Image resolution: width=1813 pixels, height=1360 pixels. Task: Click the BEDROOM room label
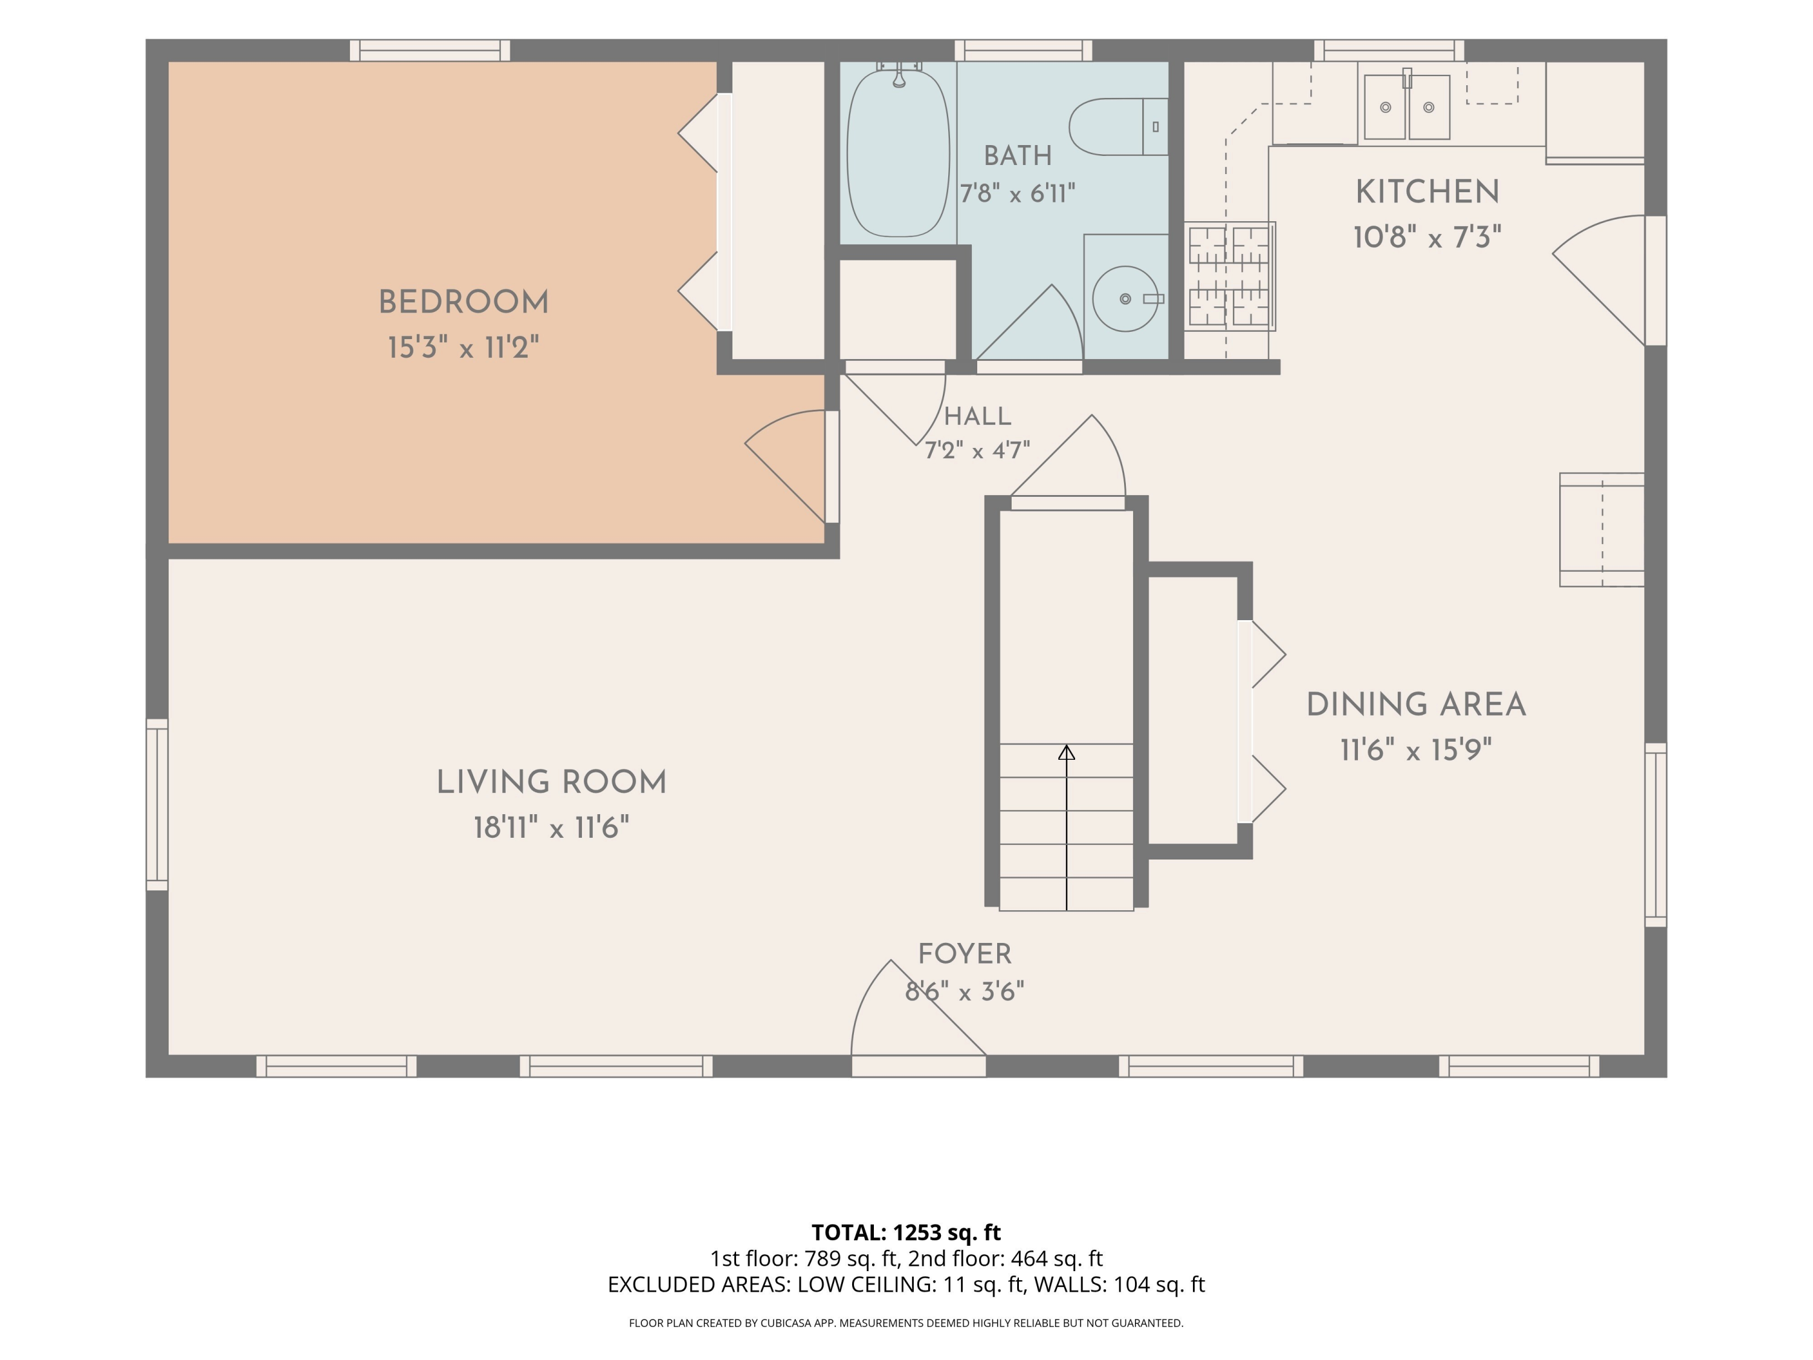click(x=463, y=302)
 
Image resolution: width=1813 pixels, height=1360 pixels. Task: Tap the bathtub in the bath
click(x=898, y=154)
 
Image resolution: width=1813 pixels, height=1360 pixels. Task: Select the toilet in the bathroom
click(x=1118, y=127)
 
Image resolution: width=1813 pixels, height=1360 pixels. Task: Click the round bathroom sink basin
click(x=1125, y=299)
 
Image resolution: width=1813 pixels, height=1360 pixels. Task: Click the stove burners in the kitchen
click(x=1229, y=276)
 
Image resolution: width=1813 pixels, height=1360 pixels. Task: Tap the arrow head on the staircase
click(x=1066, y=752)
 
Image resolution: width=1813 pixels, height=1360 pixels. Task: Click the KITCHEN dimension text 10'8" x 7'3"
click(x=1427, y=238)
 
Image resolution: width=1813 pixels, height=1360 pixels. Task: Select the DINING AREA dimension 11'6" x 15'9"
click(x=1415, y=750)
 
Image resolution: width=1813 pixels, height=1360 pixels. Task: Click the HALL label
click(x=977, y=416)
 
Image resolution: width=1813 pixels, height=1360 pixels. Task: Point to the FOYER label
click(x=965, y=954)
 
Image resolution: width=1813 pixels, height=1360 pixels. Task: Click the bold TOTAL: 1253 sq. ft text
click(x=906, y=1232)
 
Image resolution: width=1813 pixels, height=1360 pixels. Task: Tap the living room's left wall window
click(x=157, y=804)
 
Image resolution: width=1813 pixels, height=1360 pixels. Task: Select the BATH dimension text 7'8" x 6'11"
click(x=1017, y=193)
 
